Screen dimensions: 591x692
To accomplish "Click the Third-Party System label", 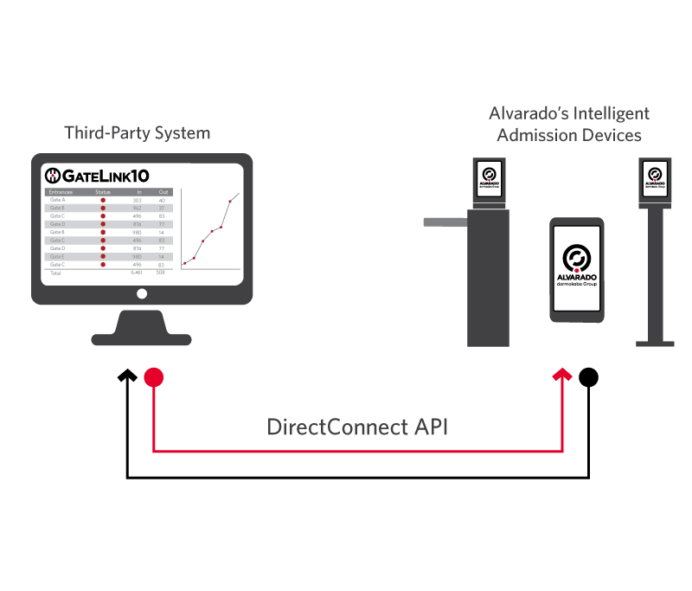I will pyautogui.click(x=137, y=133).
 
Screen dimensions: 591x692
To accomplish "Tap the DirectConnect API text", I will pyautogui.click(x=357, y=427).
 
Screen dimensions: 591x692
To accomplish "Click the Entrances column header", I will pyautogui.click(x=61, y=191).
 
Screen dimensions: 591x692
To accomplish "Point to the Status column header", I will pyautogui.click(x=103, y=191).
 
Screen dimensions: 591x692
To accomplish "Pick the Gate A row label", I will pyautogui.click(x=58, y=200).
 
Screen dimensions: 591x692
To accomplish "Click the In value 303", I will pyautogui.click(x=138, y=200).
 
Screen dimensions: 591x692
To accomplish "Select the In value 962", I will pyautogui.click(x=138, y=209).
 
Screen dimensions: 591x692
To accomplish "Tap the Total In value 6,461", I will pyautogui.click(x=136, y=273).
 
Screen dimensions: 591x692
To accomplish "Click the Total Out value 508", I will pyautogui.click(x=161, y=273).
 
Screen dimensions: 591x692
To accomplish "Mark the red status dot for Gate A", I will pyautogui.click(x=103, y=200).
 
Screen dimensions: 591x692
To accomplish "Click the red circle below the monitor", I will pyautogui.click(x=153, y=377).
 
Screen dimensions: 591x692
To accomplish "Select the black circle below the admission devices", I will pyautogui.click(x=588, y=377).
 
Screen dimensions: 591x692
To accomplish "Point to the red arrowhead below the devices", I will pyautogui.click(x=562, y=375).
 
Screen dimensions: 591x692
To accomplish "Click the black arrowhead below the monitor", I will pyautogui.click(x=127, y=375).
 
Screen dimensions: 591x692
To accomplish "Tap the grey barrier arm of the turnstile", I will pyautogui.click(x=446, y=222).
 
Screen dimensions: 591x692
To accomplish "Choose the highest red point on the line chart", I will pyautogui.click(x=229, y=202).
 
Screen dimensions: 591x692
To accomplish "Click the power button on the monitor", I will pyautogui.click(x=141, y=293).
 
